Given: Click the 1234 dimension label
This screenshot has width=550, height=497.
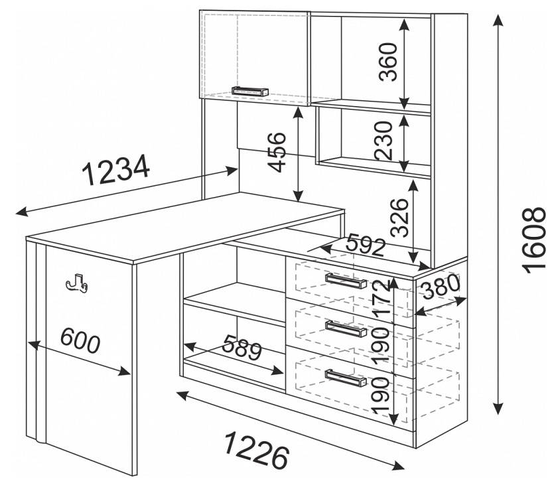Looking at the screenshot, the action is point(115,170).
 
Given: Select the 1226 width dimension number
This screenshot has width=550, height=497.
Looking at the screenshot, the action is point(256,451).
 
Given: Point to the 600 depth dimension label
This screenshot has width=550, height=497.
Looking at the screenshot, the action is point(80,340).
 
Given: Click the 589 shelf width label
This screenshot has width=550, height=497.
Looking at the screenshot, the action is point(242,347).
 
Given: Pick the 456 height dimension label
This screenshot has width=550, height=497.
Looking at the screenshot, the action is point(277,152).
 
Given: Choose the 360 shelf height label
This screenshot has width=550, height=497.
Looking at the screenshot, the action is point(388,62).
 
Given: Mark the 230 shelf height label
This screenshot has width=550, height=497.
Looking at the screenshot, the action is point(383,141).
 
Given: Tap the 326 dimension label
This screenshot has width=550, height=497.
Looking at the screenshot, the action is point(399,218).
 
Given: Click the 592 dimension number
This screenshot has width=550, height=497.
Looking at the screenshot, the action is point(366,246).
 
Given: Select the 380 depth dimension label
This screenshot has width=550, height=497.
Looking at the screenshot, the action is point(441,287).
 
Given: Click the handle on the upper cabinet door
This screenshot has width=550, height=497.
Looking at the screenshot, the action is point(250,91).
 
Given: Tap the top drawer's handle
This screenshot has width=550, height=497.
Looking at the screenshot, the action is point(346,281).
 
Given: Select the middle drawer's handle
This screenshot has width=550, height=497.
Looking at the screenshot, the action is point(346,328).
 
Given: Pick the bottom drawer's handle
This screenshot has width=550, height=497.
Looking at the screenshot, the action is point(346,378).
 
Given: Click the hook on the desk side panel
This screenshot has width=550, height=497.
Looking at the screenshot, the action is point(76,283).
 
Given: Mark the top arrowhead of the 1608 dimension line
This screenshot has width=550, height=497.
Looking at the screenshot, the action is point(498,21).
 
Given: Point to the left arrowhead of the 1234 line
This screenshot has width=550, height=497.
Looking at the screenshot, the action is point(22,212).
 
